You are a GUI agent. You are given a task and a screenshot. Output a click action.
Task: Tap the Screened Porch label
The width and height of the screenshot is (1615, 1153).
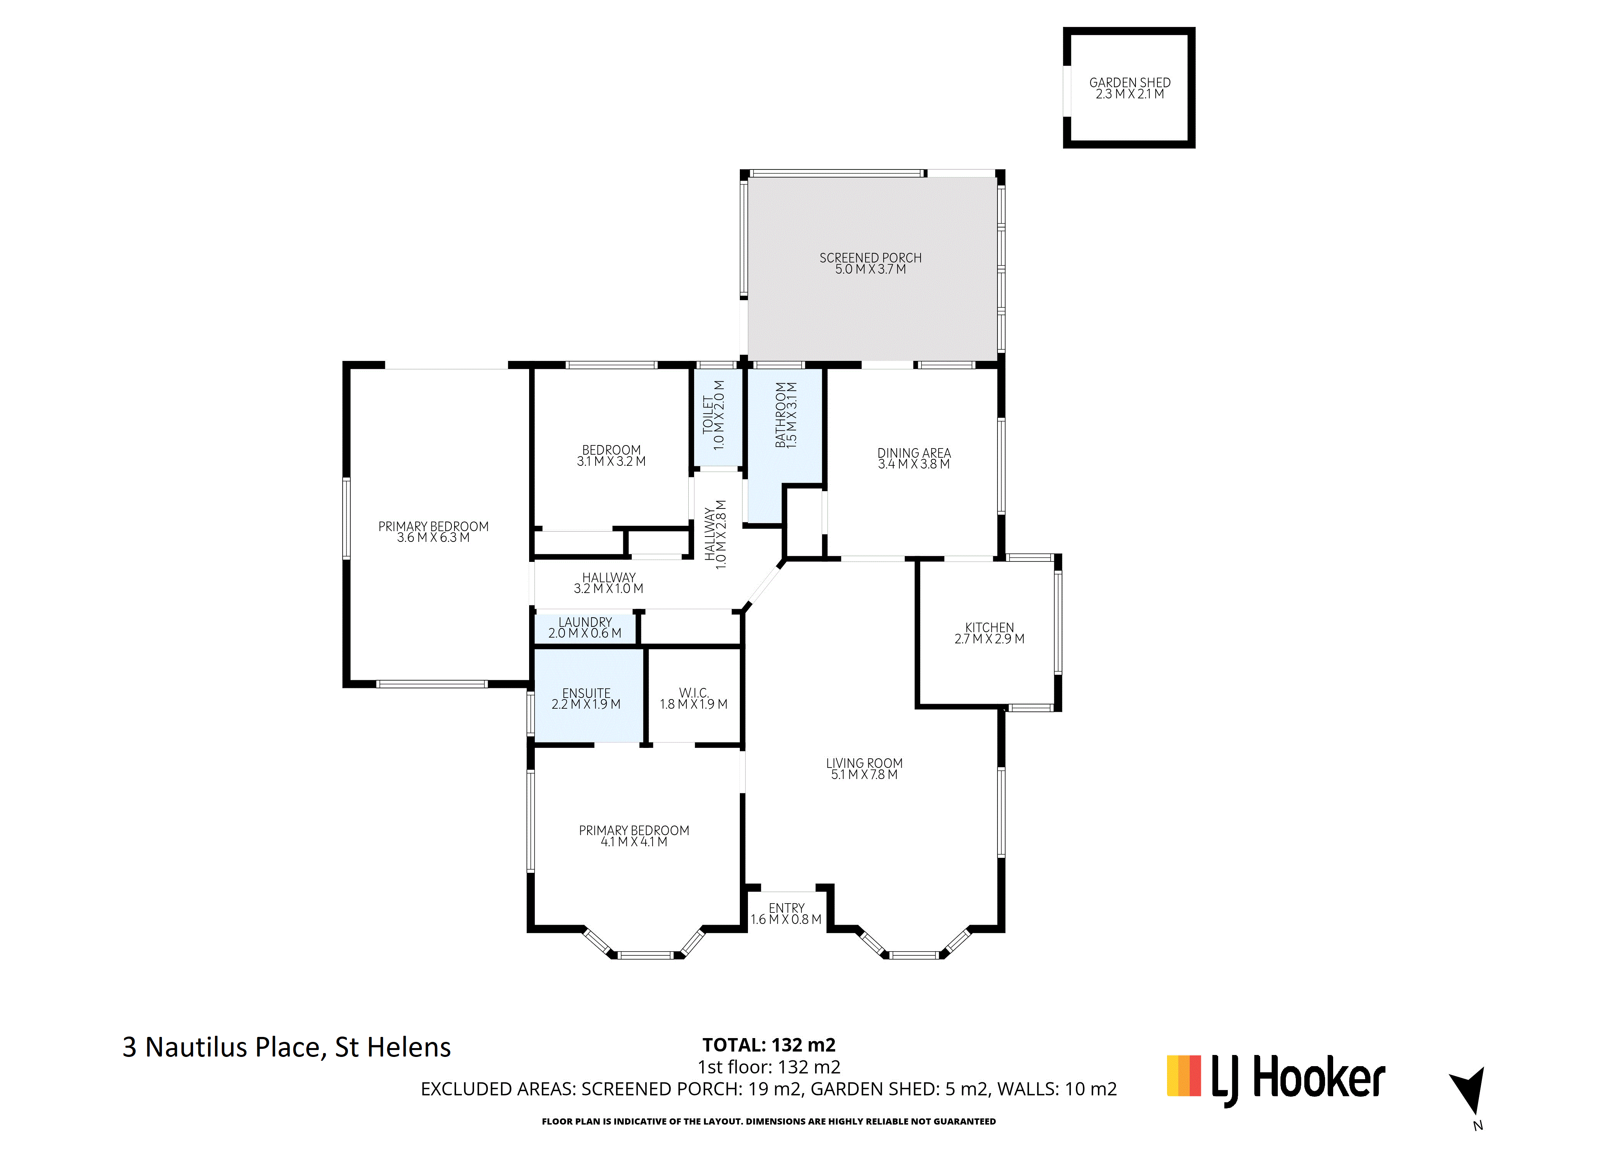point(870,258)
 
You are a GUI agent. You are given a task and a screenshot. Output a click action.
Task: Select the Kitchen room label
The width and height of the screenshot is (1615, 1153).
point(989,628)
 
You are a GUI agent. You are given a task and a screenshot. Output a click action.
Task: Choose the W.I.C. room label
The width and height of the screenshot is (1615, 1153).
point(693,693)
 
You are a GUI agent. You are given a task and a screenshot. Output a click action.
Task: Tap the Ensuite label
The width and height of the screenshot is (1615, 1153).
point(586,693)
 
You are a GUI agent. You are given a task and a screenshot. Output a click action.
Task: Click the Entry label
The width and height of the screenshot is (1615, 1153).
point(786,908)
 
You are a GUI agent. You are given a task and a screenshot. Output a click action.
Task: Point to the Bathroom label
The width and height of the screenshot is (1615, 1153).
point(781,415)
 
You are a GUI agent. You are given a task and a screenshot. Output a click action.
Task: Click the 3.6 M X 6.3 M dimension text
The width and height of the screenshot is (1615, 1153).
point(433,537)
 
